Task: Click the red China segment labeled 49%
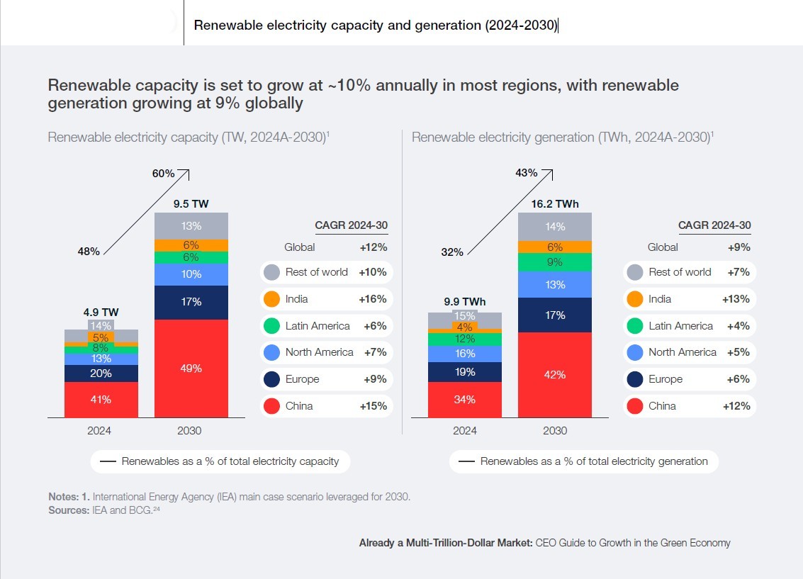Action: tap(191, 369)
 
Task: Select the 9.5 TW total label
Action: tap(191, 204)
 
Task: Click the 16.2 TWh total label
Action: tap(555, 204)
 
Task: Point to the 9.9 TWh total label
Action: tap(464, 301)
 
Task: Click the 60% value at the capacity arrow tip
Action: tap(164, 173)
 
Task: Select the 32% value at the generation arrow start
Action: tap(451, 252)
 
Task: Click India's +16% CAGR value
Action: tap(372, 299)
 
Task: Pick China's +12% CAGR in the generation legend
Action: tap(736, 406)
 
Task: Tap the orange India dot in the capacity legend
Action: tap(271, 299)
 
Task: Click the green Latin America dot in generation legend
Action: tap(634, 326)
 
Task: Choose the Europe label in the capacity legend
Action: tap(302, 379)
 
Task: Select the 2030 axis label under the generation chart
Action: tap(555, 430)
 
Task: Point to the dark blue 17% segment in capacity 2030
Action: tap(191, 302)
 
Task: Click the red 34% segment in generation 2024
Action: tap(464, 400)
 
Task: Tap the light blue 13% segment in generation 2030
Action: tap(555, 285)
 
